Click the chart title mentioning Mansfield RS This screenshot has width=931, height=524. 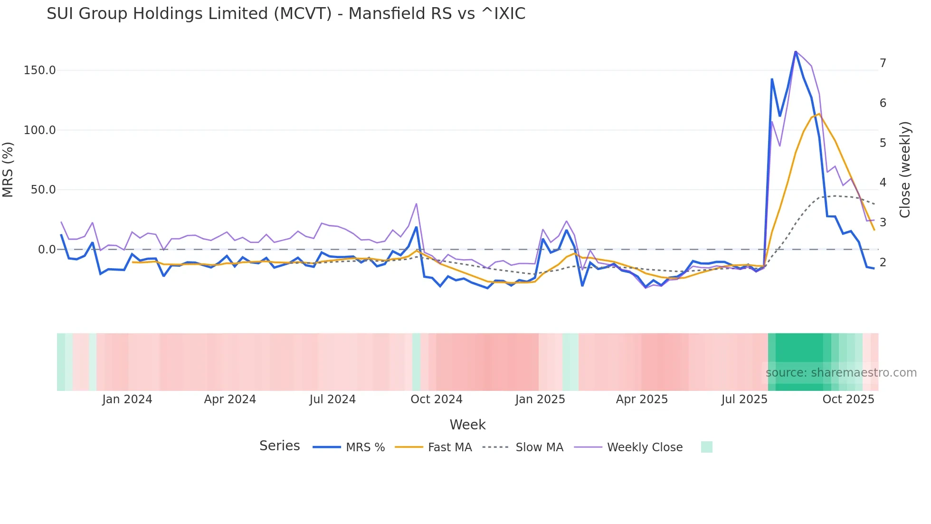pyautogui.click(x=286, y=14)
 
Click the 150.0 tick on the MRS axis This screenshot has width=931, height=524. pyautogui.click(x=40, y=70)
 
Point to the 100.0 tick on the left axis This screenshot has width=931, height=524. pyautogui.click(x=40, y=130)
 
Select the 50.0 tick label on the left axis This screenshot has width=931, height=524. pyautogui.click(x=43, y=190)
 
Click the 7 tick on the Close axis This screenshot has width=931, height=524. pyautogui.click(x=883, y=63)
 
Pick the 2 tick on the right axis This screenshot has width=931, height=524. pyautogui.click(x=883, y=262)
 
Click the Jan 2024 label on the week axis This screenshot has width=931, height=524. pyautogui.click(x=127, y=399)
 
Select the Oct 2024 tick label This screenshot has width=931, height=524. pyautogui.click(x=436, y=399)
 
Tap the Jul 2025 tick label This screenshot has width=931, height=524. pyautogui.click(x=744, y=399)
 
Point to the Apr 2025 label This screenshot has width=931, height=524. pyautogui.click(x=642, y=399)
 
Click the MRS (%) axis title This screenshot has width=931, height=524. pyautogui.click(x=8, y=169)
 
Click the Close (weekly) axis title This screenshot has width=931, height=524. pyautogui.click(x=905, y=169)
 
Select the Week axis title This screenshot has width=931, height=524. pyautogui.click(x=467, y=425)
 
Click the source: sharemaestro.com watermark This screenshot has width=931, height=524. pyautogui.click(x=841, y=373)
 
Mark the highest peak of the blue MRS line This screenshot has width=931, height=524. pyautogui.click(x=796, y=51)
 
